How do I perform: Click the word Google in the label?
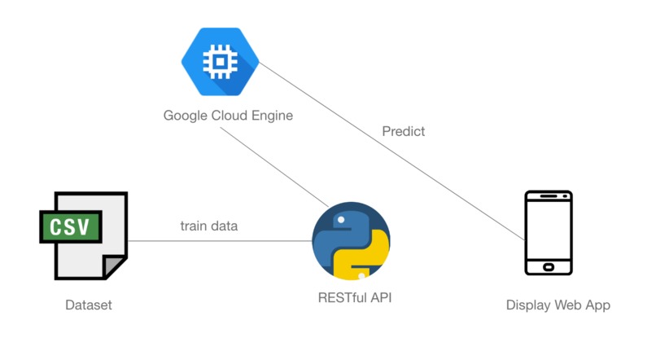pyautogui.click(x=185, y=116)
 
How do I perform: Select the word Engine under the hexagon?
pyautogui.click(x=271, y=116)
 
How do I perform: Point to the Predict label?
pyautogui.click(x=403, y=131)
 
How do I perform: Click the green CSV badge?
pyautogui.click(x=71, y=225)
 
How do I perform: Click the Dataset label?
pyautogui.click(x=89, y=305)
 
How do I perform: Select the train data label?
pyautogui.click(x=209, y=226)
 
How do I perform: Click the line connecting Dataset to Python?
pyautogui.click(x=220, y=240)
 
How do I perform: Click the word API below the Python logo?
pyautogui.click(x=380, y=298)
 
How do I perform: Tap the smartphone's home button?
pyautogui.click(x=548, y=266)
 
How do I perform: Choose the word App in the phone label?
pyautogui.click(x=597, y=305)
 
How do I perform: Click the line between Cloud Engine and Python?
pyautogui.click(x=277, y=167)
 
